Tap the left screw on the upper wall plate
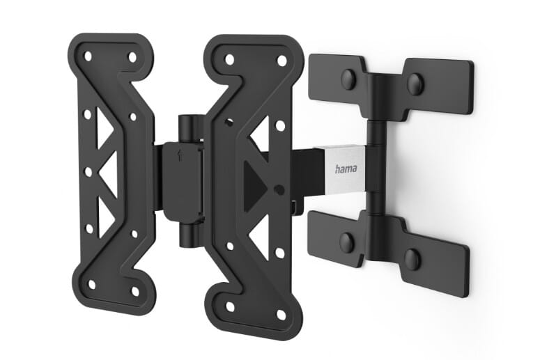348,79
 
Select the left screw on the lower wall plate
346,242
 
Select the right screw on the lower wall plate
412,258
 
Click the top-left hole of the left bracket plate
87,54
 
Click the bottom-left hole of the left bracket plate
91,284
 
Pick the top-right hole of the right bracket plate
282,61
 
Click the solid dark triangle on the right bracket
256,184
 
